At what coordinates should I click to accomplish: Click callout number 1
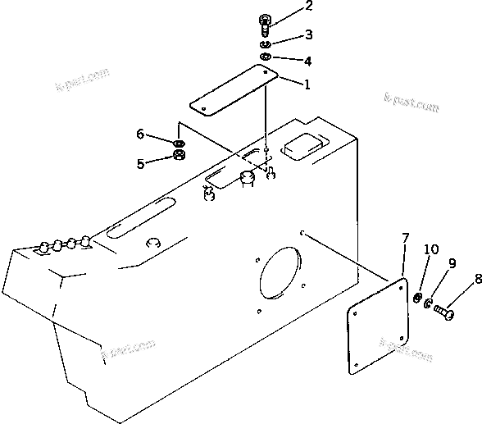[307, 84]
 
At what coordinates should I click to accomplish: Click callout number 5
[140, 163]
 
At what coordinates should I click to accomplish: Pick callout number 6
[140, 133]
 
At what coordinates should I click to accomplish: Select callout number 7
[405, 239]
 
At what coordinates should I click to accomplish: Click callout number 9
[451, 263]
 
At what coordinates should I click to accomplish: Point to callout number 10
[430, 249]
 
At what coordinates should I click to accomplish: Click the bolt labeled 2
[266, 24]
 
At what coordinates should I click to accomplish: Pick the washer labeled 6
[179, 143]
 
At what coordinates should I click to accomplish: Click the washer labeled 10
[419, 296]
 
